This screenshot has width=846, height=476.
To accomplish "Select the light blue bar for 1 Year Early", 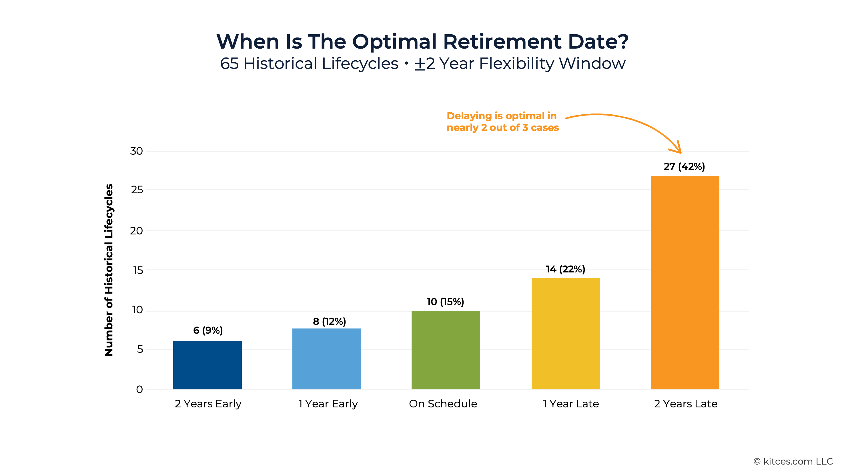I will tap(326, 359).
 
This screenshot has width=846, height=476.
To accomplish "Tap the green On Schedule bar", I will tap(446, 350).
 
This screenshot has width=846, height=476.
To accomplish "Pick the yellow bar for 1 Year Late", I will tap(566, 333).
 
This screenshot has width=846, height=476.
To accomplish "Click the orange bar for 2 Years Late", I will tap(685, 282).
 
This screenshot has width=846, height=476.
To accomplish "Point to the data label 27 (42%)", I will tap(684, 167).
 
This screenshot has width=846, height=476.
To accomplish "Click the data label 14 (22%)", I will tap(565, 269).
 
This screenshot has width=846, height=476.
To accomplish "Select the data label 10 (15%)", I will tap(445, 302).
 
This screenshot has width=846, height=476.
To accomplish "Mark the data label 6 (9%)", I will tap(208, 330).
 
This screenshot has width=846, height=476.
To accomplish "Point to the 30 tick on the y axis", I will tap(136, 151).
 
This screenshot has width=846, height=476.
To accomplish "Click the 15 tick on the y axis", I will tap(138, 270).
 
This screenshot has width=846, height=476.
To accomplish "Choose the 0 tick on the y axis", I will tap(139, 389).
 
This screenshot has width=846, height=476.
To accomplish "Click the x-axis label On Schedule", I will tap(443, 403).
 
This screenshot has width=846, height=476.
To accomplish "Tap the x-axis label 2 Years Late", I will tap(685, 403).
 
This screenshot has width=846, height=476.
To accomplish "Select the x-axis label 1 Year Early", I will tap(328, 403).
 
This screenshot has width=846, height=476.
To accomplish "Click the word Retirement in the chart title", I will tap(502, 42).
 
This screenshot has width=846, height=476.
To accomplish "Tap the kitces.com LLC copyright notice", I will tap(793, 461).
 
